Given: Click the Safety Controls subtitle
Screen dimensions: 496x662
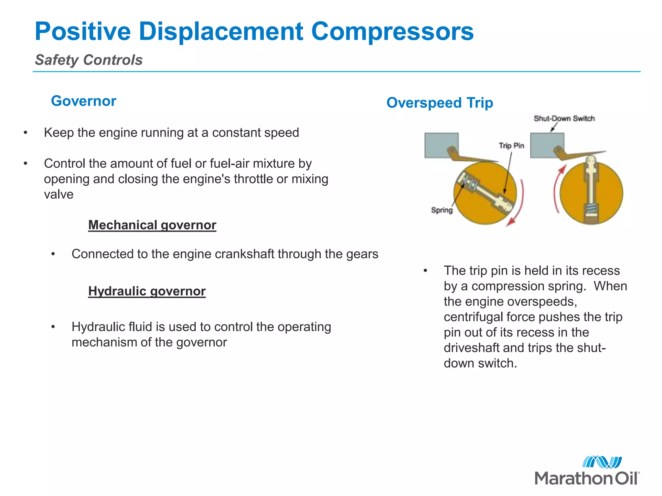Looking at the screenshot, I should pos(89,60).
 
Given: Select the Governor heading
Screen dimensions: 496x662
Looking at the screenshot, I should pos(83,101).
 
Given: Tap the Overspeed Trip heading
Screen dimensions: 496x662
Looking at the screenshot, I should pos(440,103).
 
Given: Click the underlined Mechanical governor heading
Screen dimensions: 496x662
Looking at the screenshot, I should pos(152,225).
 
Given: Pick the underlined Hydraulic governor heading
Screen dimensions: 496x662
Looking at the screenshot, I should pos(147,291).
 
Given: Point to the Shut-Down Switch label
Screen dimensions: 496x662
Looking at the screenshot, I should pos(564,119).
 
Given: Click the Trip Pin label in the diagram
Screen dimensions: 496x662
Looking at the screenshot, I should pos(511,146).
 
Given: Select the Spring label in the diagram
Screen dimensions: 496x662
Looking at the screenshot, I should pos(442,210).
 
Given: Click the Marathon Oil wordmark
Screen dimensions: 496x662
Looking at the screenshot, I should pos(586,478).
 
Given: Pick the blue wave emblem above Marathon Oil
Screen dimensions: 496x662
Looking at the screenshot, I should pos(602,462).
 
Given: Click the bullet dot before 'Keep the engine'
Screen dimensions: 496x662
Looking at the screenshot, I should pos(26,133).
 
